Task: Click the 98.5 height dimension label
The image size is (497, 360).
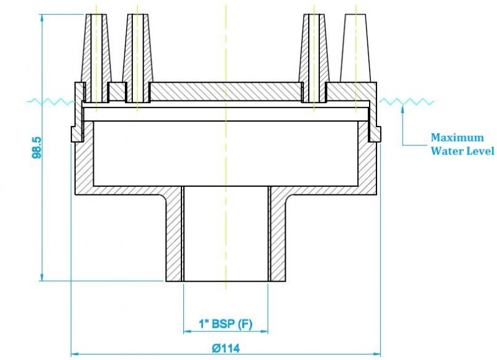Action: click(x=37, y=148)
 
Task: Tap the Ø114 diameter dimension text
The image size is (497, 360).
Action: click(x=226, y=349)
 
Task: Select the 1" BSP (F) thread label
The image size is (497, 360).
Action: click(x=226, y=323)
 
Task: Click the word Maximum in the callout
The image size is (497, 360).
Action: click(x=457, y=138)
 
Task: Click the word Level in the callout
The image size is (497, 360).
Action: click(x=479, y=151)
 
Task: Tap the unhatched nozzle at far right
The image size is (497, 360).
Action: click(x=355, y=48)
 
